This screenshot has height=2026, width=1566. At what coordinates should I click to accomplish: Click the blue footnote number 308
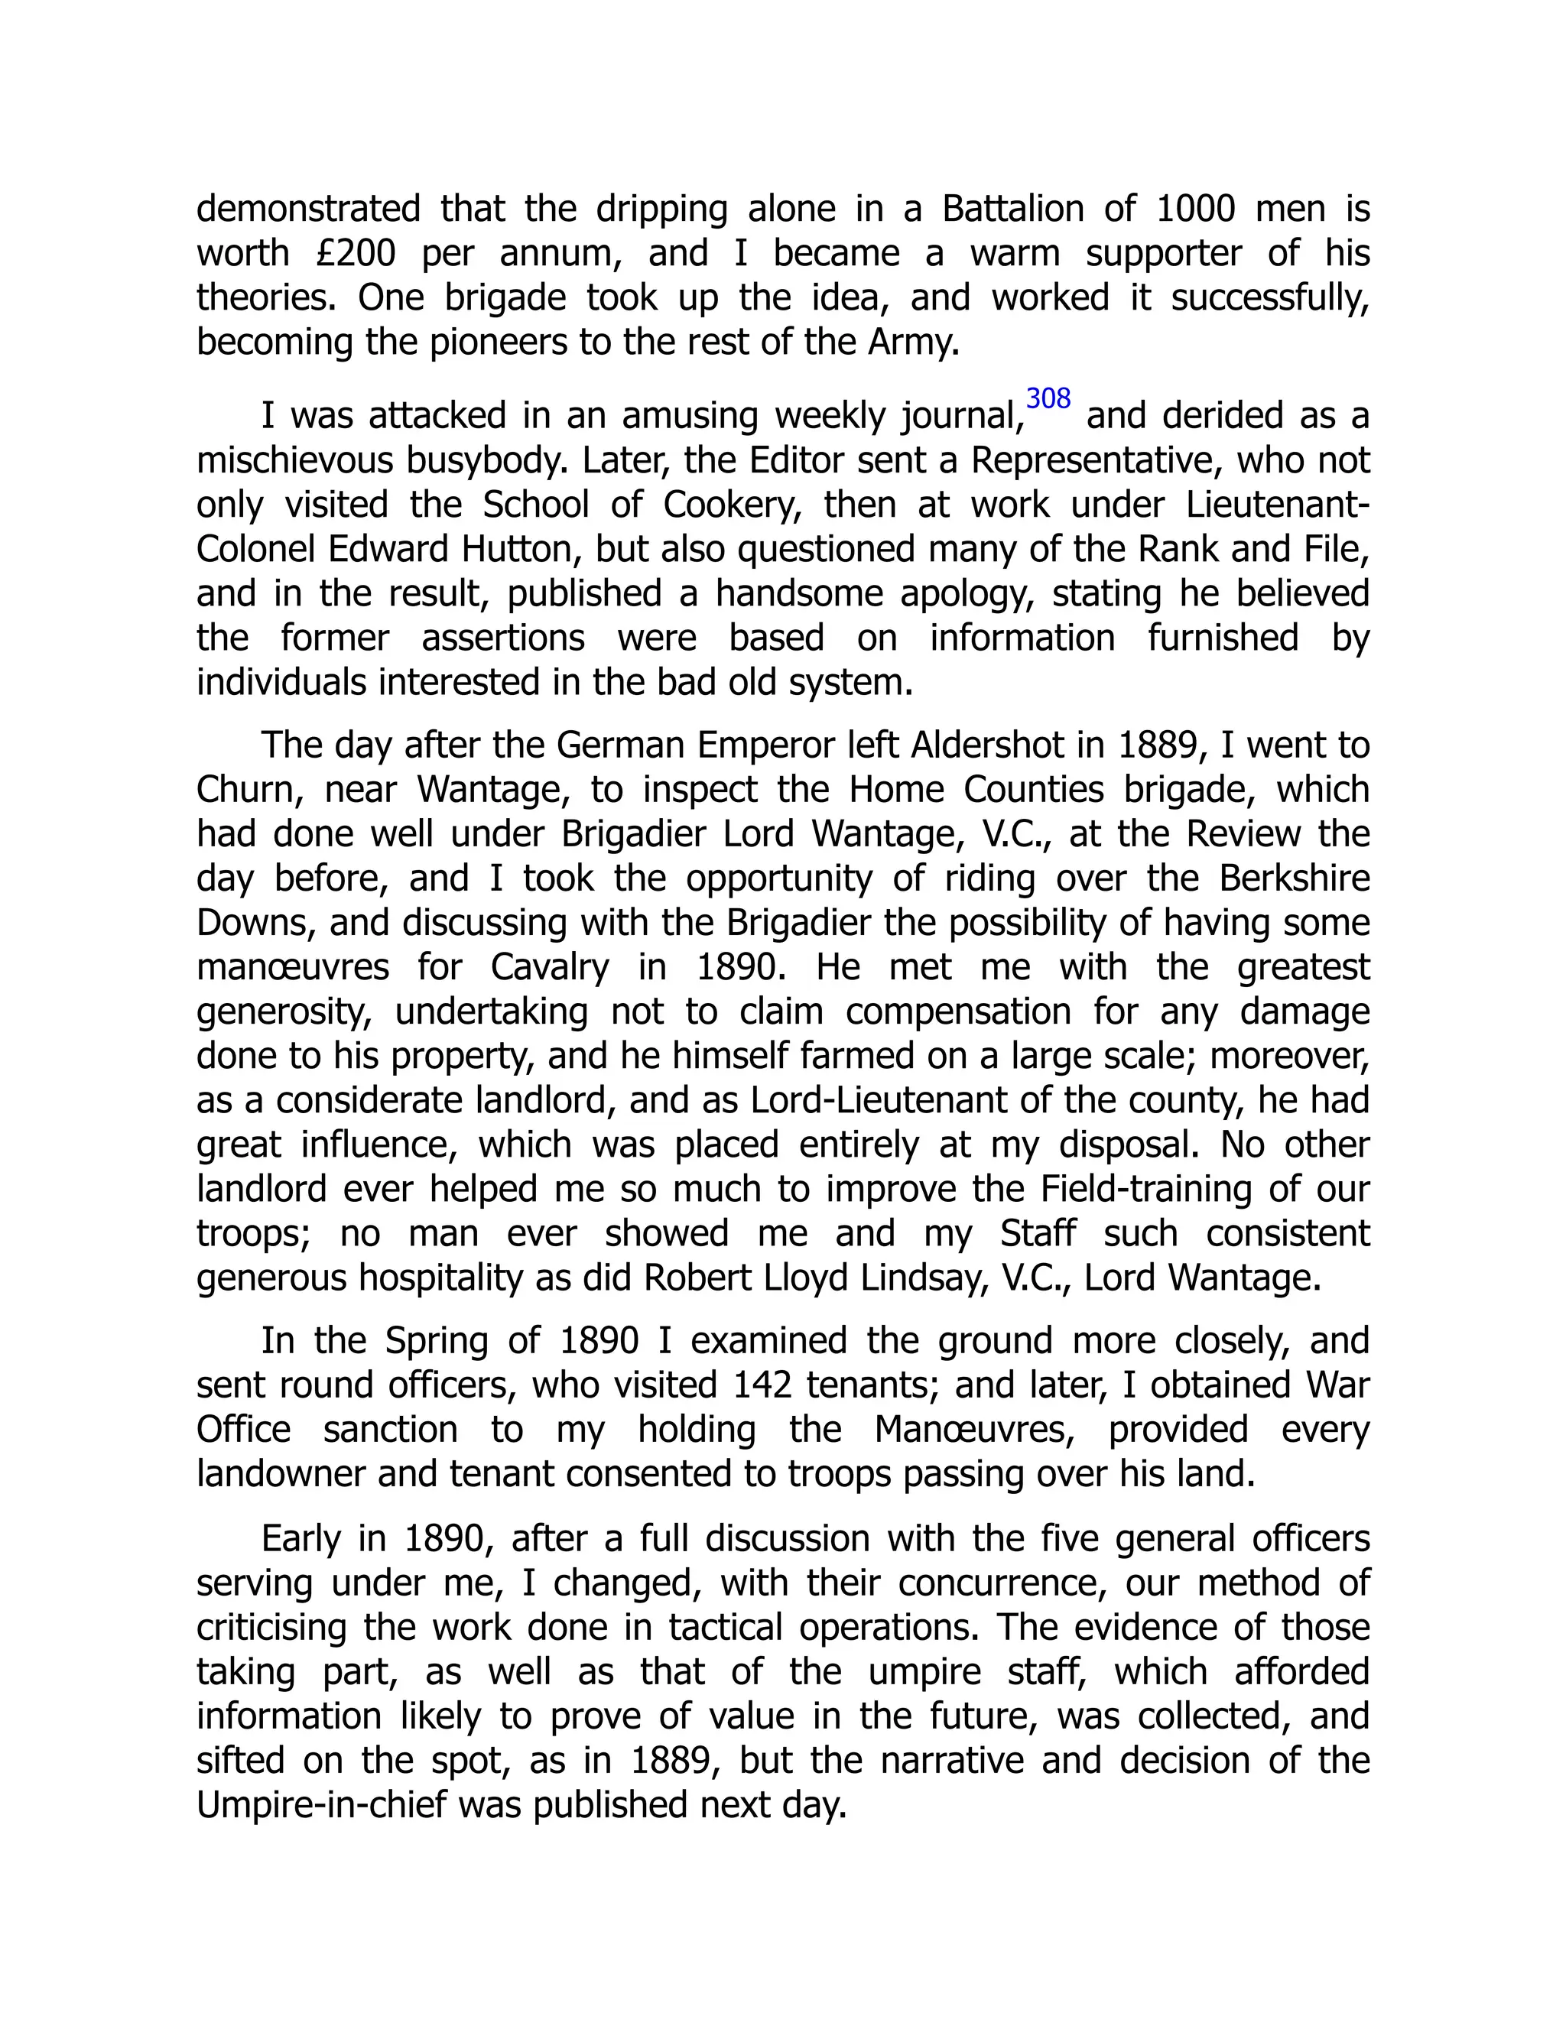pos(1048,399)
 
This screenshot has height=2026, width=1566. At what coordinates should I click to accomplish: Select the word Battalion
pos(1013,209)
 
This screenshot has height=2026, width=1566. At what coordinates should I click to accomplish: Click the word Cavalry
pos(549,968)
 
